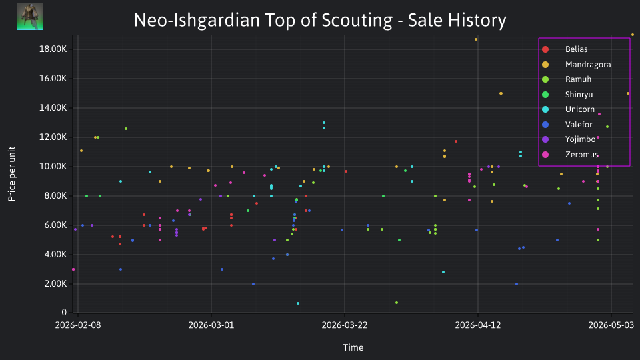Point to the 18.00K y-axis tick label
tap(53, 49)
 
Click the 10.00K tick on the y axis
tap(53, 167)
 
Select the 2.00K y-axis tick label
tap(55, 284)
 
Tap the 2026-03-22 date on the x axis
tap(345, 325)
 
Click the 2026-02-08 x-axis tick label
tap(78, 325)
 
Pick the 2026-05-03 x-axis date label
tap(611, 325)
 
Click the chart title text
tap(320, 20)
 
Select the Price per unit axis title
tap(12, 174)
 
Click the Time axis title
tap(353, 347)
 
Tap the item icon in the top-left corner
tap(30, 17)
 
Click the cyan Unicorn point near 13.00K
tap(324, 123)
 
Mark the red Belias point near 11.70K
tap(456, 141)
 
